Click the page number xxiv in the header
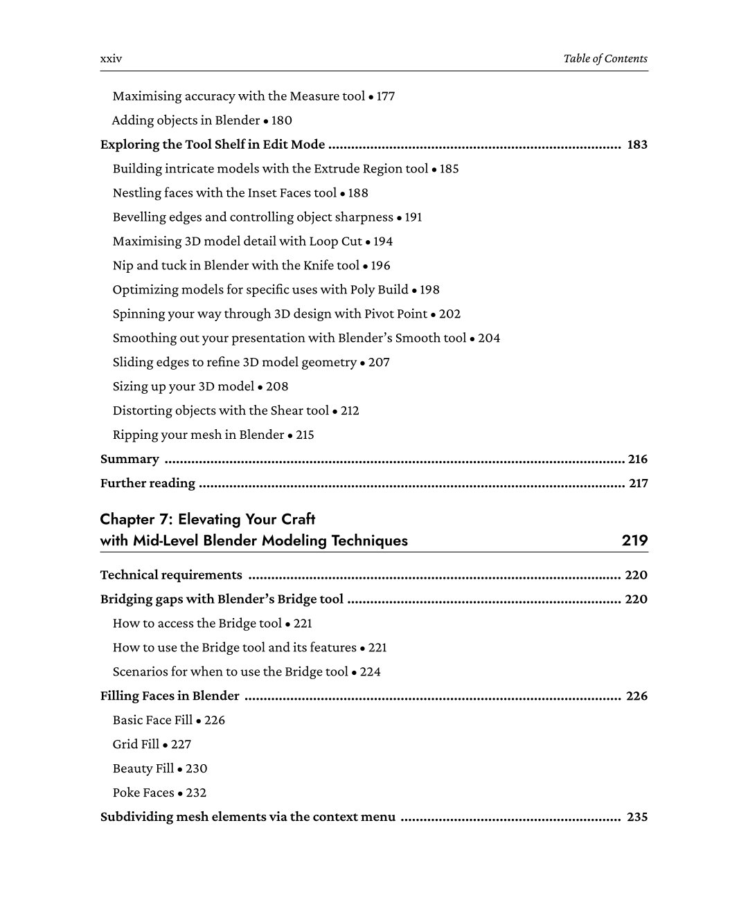(x=111, y=59)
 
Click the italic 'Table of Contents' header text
(x=605, y=59)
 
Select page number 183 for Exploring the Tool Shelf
(x=636, y=145)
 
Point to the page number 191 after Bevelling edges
(x=413, y=217)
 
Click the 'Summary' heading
(x=130, y=460)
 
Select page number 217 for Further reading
(x=638, y=484)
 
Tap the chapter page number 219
(x=634, y=541)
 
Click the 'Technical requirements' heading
(x=171, y=575)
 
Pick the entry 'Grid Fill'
(x=136, y=745)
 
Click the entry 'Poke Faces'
(x=143, y=793)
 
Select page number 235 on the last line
(x=636, y=817)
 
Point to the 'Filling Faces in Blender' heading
(x=170, y=696)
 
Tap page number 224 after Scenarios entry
(x=370, y=672)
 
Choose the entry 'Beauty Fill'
(x=143, y=769)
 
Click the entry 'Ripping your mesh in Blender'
(x=198, y=435)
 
